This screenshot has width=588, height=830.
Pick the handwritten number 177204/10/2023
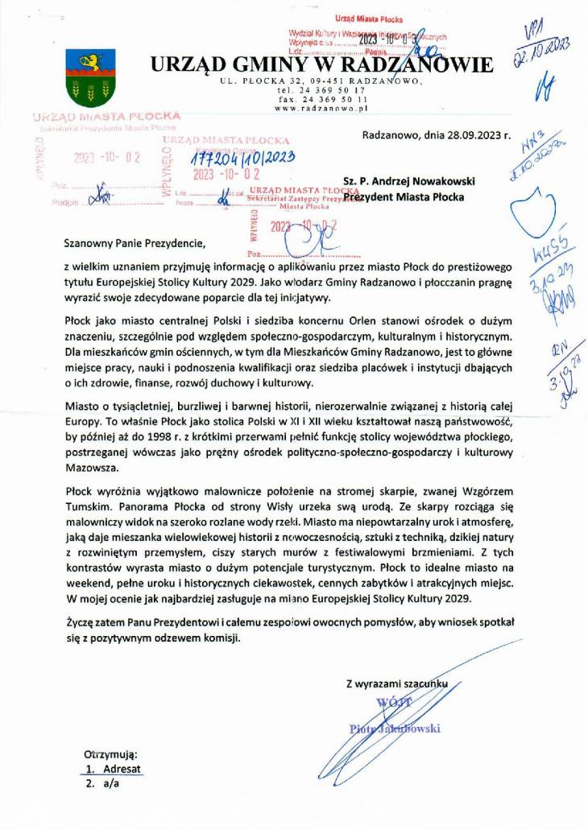(x=239, y=158)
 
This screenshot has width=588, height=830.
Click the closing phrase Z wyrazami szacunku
(x=397, y=684)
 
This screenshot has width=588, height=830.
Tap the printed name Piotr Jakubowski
(x=395, y=729)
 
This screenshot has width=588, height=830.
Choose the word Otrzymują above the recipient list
(x=111, y=755)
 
